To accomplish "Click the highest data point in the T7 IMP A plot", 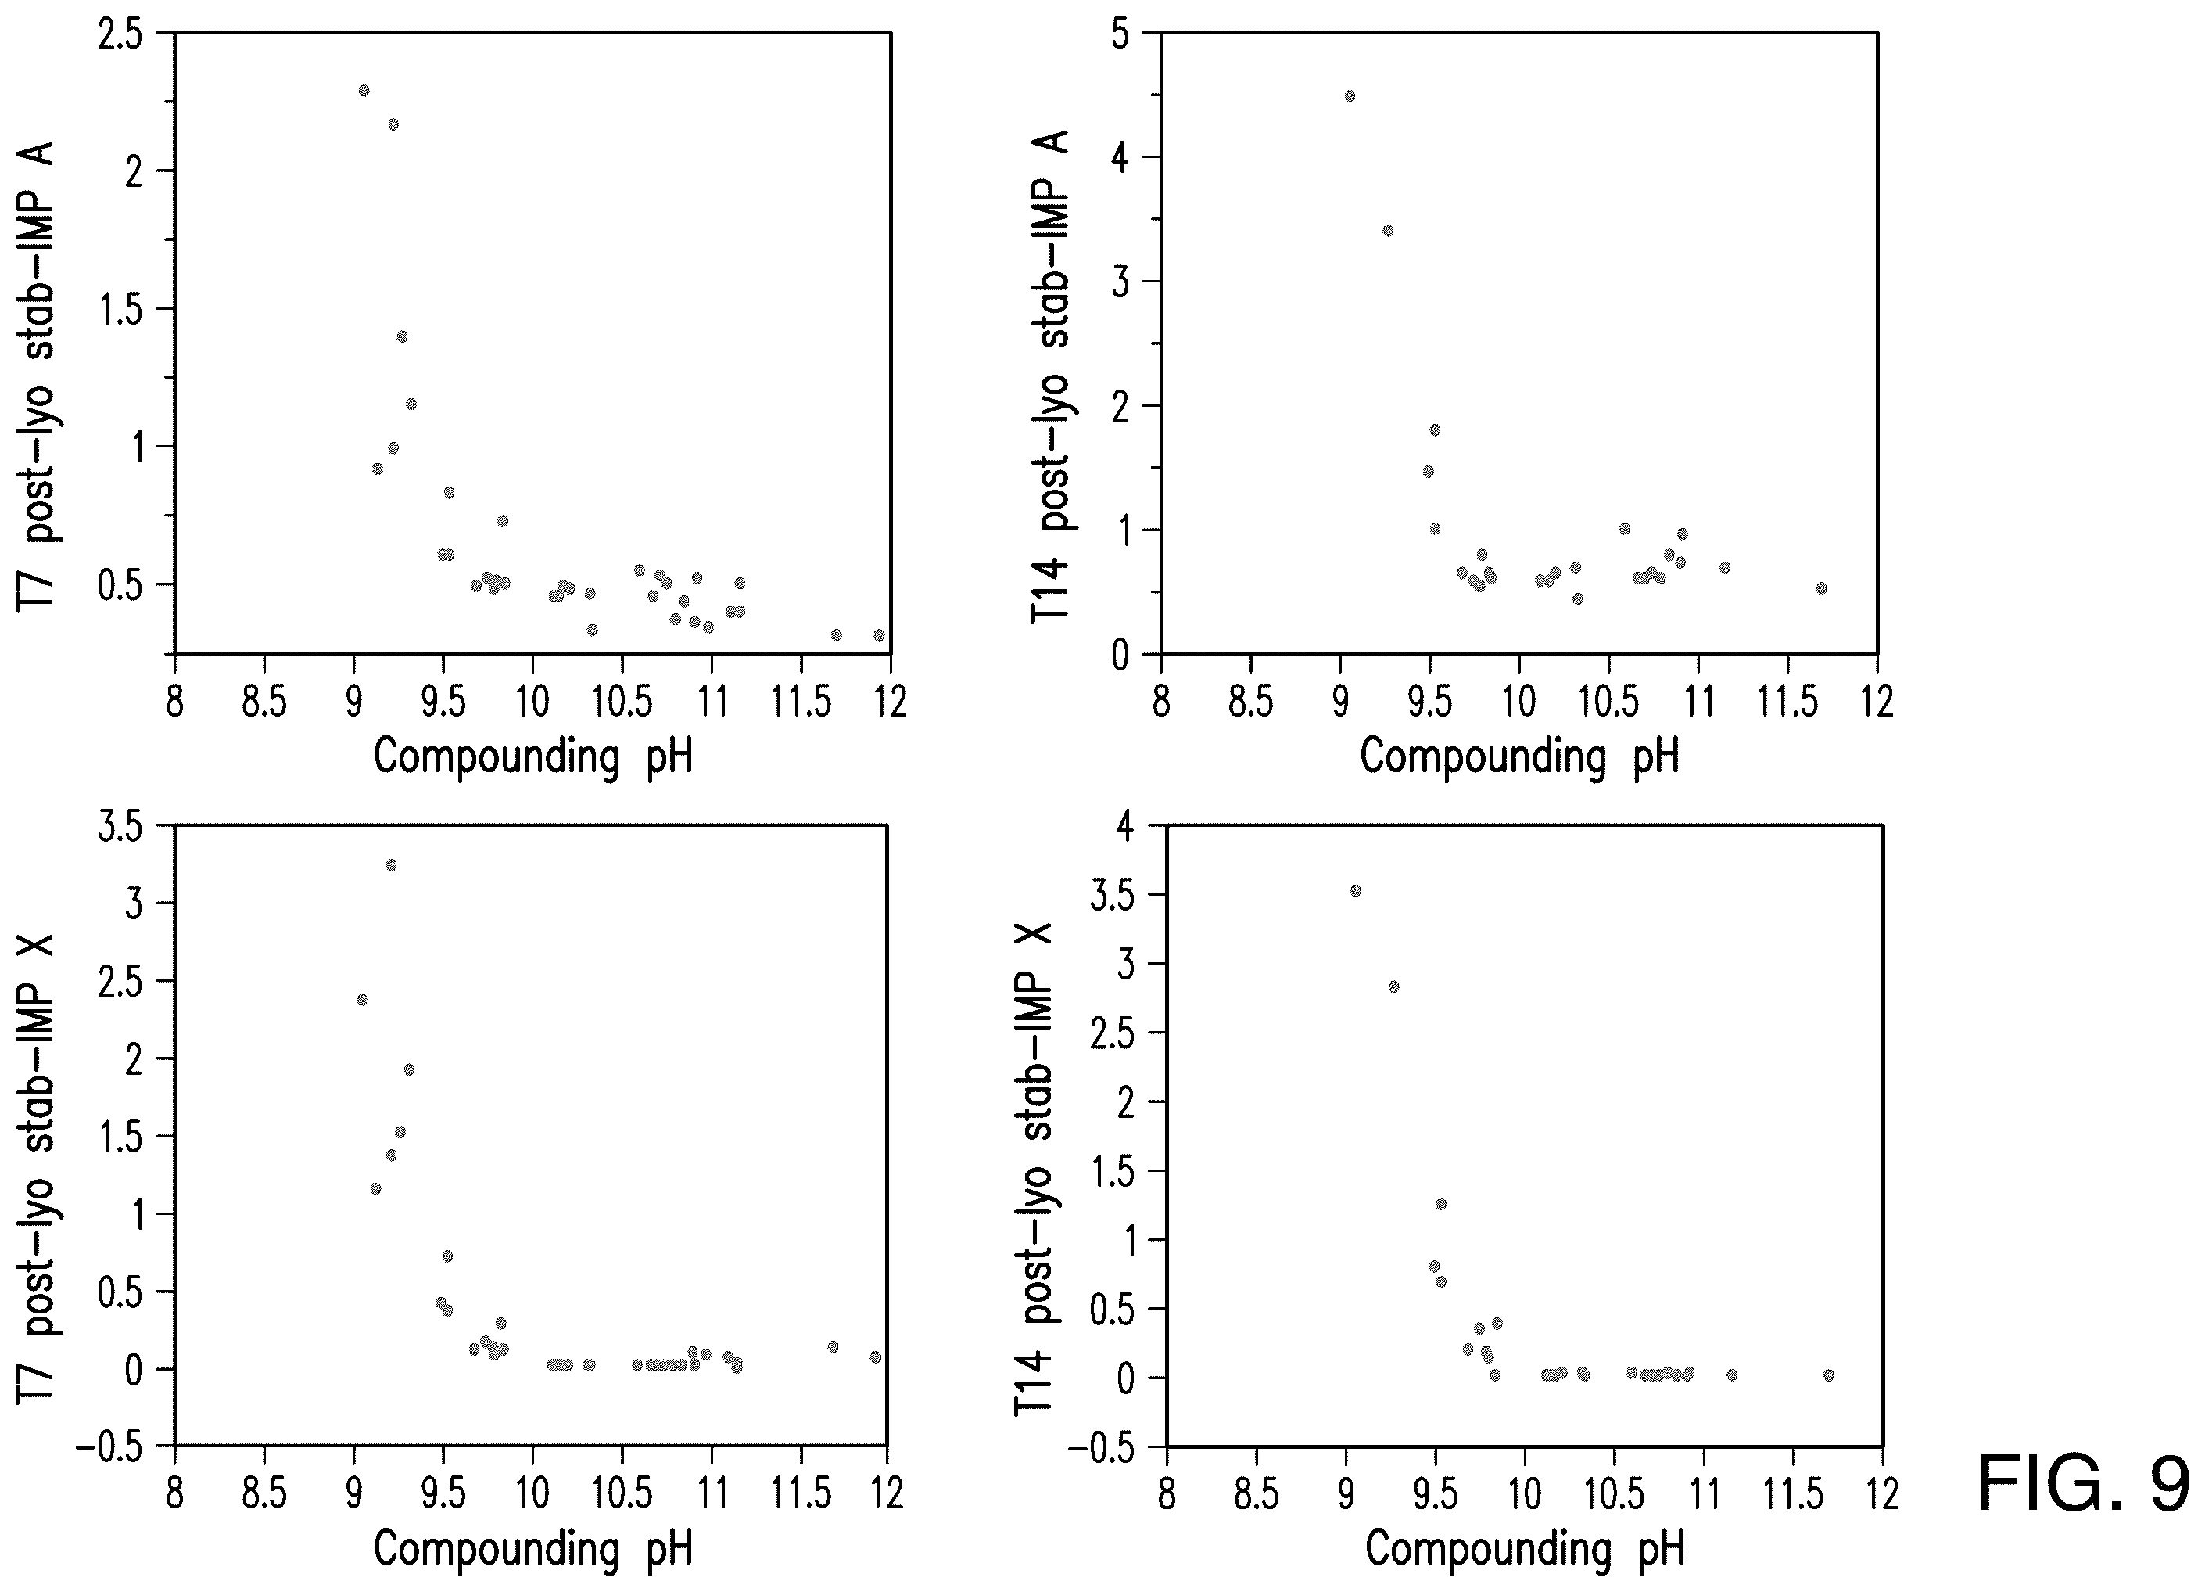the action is [x=364, y=91].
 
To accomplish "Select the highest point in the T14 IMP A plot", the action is [x=1350, y=95].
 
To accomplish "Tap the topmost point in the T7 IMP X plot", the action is [x=392, y=864].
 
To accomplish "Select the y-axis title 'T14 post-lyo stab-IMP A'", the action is [x=1051, y=376].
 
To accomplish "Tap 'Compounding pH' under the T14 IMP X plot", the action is [x=1525, y=1548].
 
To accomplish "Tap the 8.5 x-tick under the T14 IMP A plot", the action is [x=1250, y=700].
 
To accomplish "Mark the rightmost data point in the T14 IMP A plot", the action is [x=1821, y=588].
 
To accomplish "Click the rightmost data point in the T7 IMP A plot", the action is [x=879, y=635].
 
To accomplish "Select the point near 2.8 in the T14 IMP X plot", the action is [x=1393, y=986].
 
